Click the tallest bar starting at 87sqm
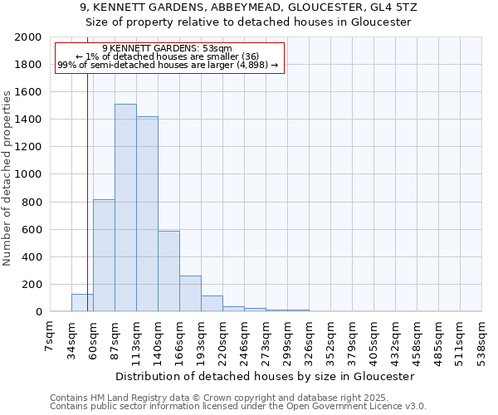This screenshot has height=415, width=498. (125, 207)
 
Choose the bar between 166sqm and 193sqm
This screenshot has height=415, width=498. (190, 294)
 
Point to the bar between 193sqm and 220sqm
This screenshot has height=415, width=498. (212, 304)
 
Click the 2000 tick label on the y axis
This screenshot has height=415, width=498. (28, 37)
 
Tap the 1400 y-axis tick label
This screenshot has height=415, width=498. (28, 120)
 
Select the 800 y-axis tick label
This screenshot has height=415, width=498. (32, 202)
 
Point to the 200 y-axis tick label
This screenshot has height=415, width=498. (32, 284)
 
